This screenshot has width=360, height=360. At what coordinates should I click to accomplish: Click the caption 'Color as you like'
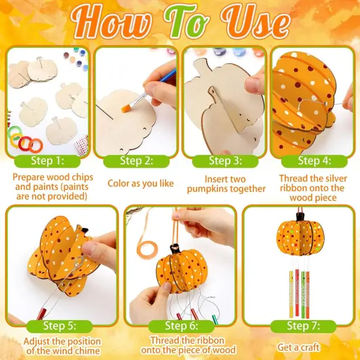click(x=140, y=183)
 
